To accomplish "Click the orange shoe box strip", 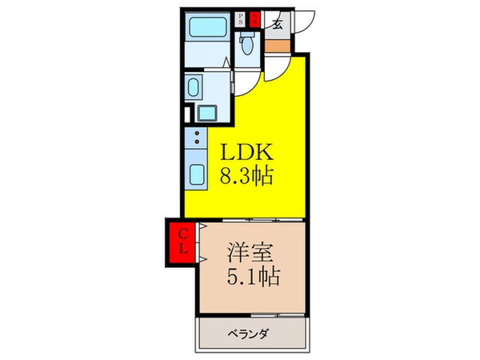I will pos(276,44).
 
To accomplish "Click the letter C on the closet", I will pos(182,234).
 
